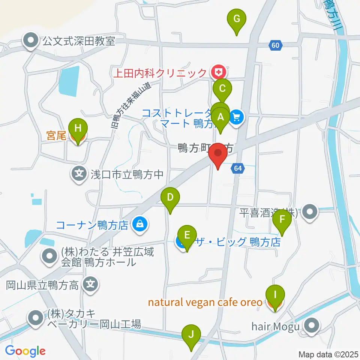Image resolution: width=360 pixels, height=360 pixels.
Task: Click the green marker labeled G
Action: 237,19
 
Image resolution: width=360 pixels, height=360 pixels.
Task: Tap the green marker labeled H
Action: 78,129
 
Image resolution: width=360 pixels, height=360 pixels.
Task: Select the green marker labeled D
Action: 170,197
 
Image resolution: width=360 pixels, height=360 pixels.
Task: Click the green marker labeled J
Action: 191,334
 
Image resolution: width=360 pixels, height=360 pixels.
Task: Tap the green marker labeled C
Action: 222,90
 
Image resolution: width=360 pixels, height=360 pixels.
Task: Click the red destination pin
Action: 218,154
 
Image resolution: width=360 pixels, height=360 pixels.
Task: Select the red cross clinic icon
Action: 217,71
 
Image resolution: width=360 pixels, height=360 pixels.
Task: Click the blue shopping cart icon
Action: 236,117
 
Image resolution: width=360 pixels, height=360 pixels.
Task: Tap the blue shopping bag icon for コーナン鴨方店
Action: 139,225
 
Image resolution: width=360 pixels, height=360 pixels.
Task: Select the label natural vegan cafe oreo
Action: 205,302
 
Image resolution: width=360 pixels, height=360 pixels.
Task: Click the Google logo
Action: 25,351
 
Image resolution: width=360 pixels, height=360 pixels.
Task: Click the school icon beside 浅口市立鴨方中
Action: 79,174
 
